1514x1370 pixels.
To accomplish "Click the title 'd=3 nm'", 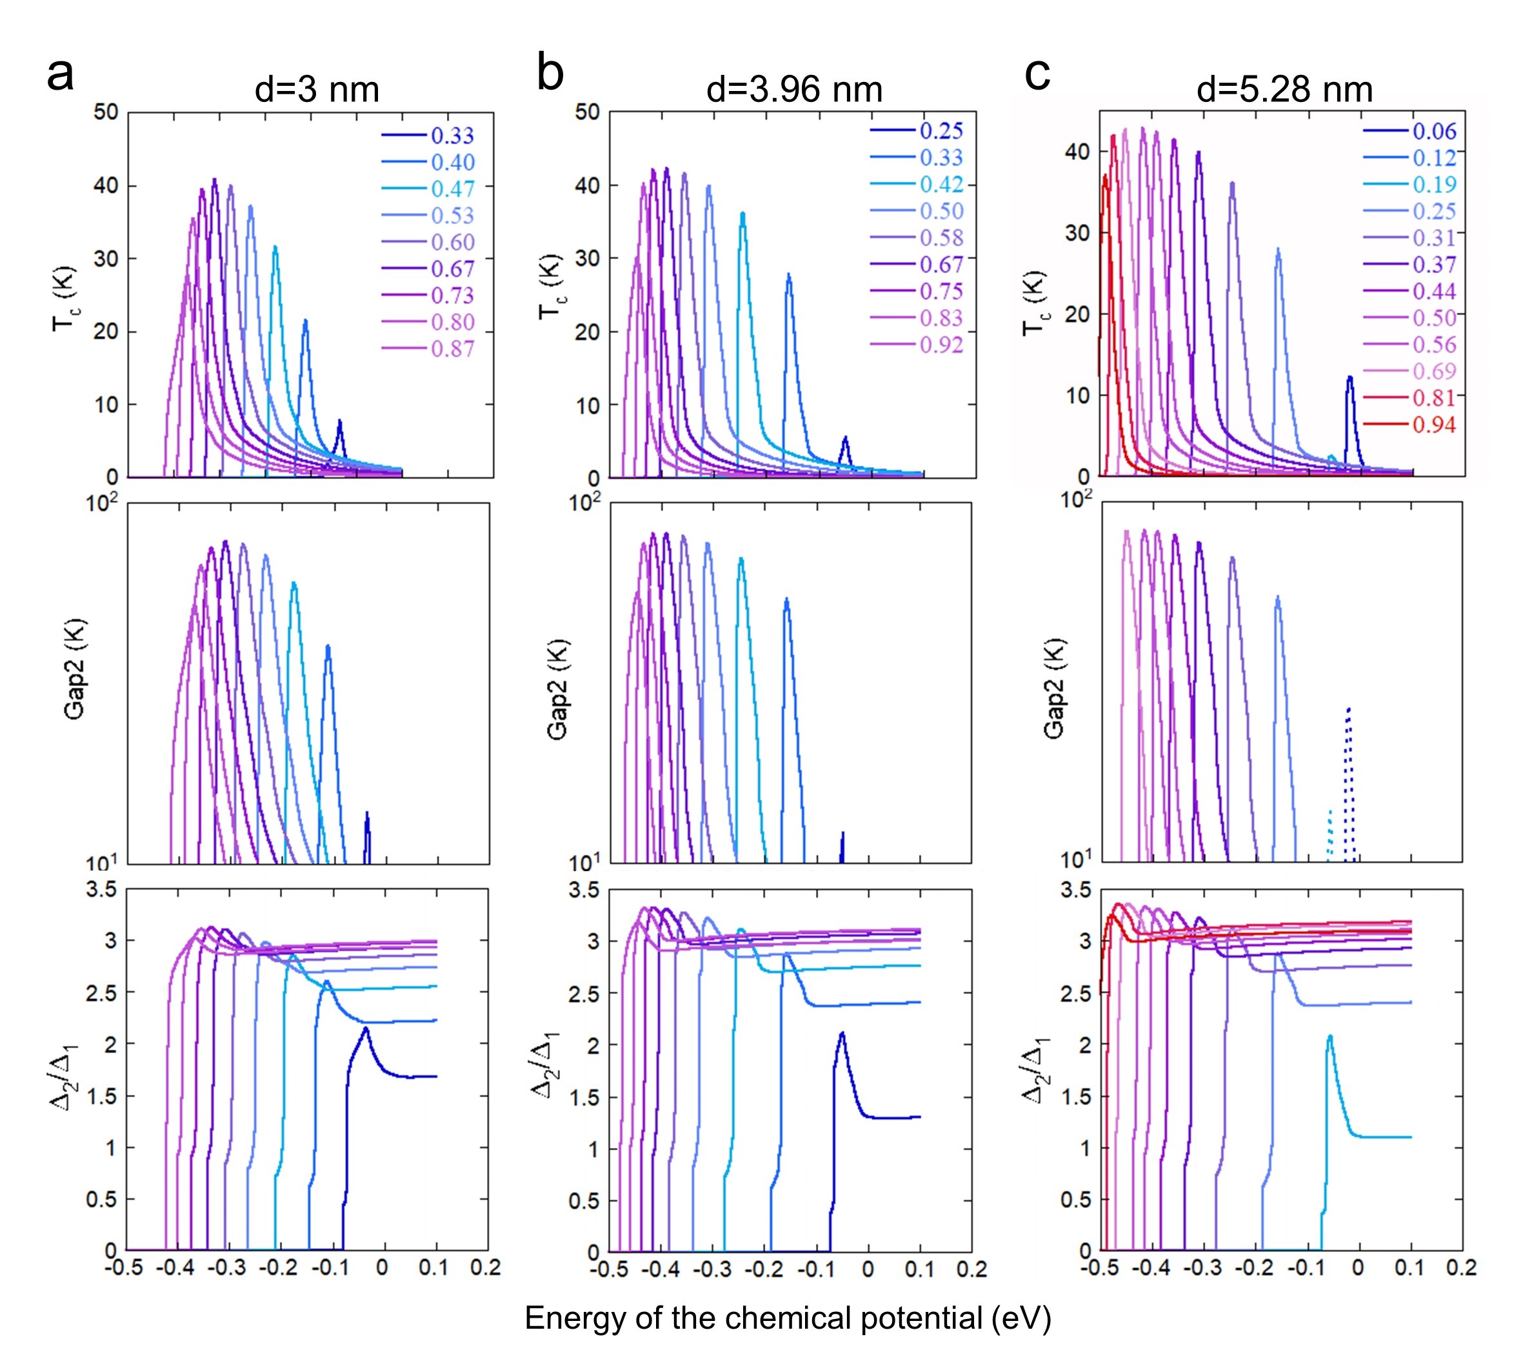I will pos(317,90).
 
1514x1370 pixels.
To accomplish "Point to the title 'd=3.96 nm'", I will pos(794,90).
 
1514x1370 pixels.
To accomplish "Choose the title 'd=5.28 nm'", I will pos(1284,90).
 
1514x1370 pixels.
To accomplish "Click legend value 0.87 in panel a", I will pos(452,349).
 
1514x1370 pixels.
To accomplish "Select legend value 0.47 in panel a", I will pos(452,189).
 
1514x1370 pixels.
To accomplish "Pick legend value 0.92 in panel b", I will pos(941,345).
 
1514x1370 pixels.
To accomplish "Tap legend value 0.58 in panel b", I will pos(941,238).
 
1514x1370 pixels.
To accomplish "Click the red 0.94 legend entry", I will pos(1433,425).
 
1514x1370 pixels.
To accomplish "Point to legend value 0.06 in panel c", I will pos(1433,132).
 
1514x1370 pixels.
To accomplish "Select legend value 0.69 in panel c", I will pos(1433,372).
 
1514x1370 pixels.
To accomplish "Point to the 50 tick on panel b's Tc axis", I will pos(587,113).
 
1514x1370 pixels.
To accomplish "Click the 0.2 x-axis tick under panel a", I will pos(485,1269).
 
